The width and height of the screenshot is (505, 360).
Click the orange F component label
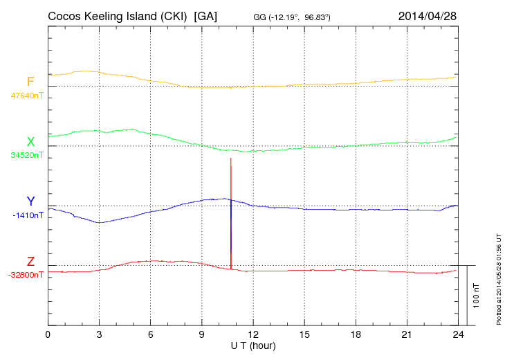click(30, 82)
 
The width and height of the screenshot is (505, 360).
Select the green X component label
click(30, 142)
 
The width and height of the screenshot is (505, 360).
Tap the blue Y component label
click(30, 201)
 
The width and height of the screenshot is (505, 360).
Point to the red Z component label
click(30, 262)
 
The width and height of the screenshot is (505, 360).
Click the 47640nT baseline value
click(26, 96)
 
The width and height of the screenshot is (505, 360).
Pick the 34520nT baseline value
click(26, 155)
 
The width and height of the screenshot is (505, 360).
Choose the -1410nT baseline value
click(28, 215)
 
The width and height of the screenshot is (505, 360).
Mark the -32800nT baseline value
click(26, 275)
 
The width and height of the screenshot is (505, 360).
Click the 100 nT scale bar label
click(477, 295)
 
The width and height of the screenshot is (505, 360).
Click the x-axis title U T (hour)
click(253, 345)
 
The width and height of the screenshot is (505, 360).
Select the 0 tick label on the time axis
click(48, 334)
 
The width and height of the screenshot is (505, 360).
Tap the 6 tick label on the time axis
click(151, 334)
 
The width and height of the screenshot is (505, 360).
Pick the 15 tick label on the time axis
click(304, 334)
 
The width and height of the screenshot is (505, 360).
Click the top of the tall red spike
click(230, 159)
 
